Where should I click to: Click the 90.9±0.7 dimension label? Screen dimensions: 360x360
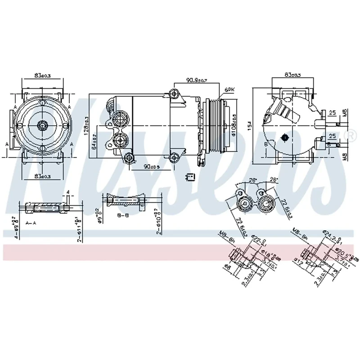(197, 81)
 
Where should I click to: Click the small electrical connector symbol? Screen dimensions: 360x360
(190, 177)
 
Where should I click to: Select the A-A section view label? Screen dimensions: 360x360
(31, 223)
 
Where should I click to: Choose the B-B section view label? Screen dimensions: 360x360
(123, 216)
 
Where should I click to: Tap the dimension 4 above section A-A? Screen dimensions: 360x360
(67, 193)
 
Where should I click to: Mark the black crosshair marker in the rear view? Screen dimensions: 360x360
(284, 137)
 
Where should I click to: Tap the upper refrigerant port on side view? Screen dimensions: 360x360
(120, 120)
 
